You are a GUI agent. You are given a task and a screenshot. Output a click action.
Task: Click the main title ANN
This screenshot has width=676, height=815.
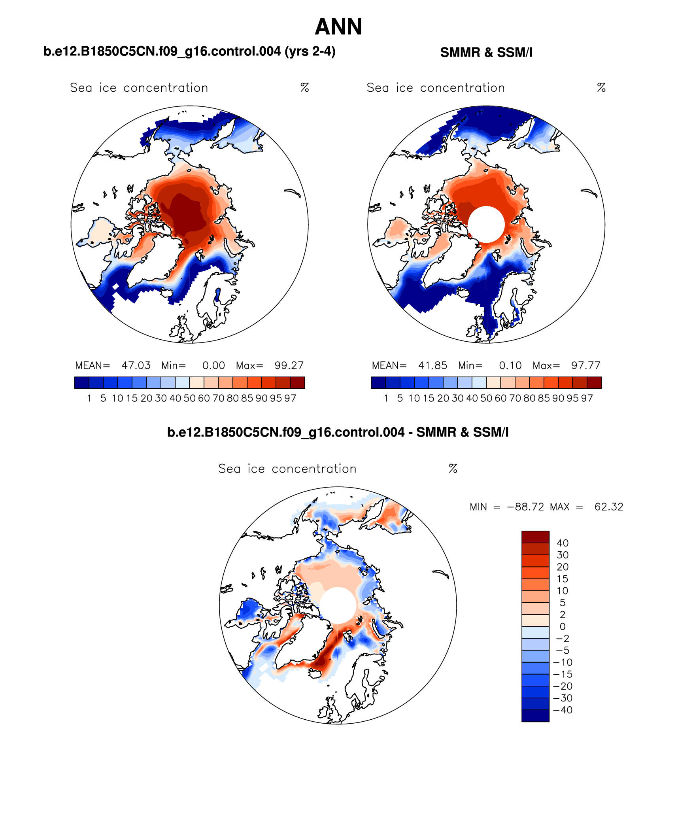tap(338, 27)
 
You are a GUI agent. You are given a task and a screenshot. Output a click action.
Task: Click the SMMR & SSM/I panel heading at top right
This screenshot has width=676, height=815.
tap(486, 53)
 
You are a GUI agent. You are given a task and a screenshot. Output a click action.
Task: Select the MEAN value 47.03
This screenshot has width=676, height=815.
tap(136, 365)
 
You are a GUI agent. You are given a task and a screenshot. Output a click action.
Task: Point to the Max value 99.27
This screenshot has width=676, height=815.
tap(289, 365)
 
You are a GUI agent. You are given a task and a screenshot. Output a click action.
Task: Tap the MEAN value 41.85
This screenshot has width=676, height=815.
tap(432, 365)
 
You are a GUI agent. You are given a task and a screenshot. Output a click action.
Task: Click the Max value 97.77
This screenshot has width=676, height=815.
tap(585, 365)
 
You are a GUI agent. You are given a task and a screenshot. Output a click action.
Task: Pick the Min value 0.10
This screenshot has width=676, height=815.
tap(510, 365)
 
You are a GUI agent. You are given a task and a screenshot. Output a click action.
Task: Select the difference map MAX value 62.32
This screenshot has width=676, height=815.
tap(609, 507)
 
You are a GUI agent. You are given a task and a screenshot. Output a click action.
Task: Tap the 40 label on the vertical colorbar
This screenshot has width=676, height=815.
tap(563, 543)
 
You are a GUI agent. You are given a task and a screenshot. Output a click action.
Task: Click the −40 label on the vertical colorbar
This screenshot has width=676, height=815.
tap(563, 710)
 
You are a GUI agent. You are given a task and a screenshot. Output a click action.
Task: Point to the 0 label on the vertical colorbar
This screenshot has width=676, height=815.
tap(563, 626)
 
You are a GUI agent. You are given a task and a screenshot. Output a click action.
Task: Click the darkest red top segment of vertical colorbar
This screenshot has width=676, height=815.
tap(535, 537)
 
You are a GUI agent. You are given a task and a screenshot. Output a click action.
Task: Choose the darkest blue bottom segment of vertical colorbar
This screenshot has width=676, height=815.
tap(535, 716)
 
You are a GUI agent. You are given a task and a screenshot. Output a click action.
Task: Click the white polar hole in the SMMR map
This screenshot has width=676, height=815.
tap(486, 224)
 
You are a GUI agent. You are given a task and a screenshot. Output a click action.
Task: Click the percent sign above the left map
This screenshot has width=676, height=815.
tap(304, 87)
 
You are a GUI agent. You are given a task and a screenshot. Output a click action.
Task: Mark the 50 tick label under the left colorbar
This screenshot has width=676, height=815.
tap(189, 398)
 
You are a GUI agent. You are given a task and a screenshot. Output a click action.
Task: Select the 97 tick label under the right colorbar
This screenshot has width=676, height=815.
tap(587, 398)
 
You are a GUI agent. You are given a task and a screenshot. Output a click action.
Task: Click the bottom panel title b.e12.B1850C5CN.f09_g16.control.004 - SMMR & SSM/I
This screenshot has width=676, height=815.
tap(338, 432)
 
